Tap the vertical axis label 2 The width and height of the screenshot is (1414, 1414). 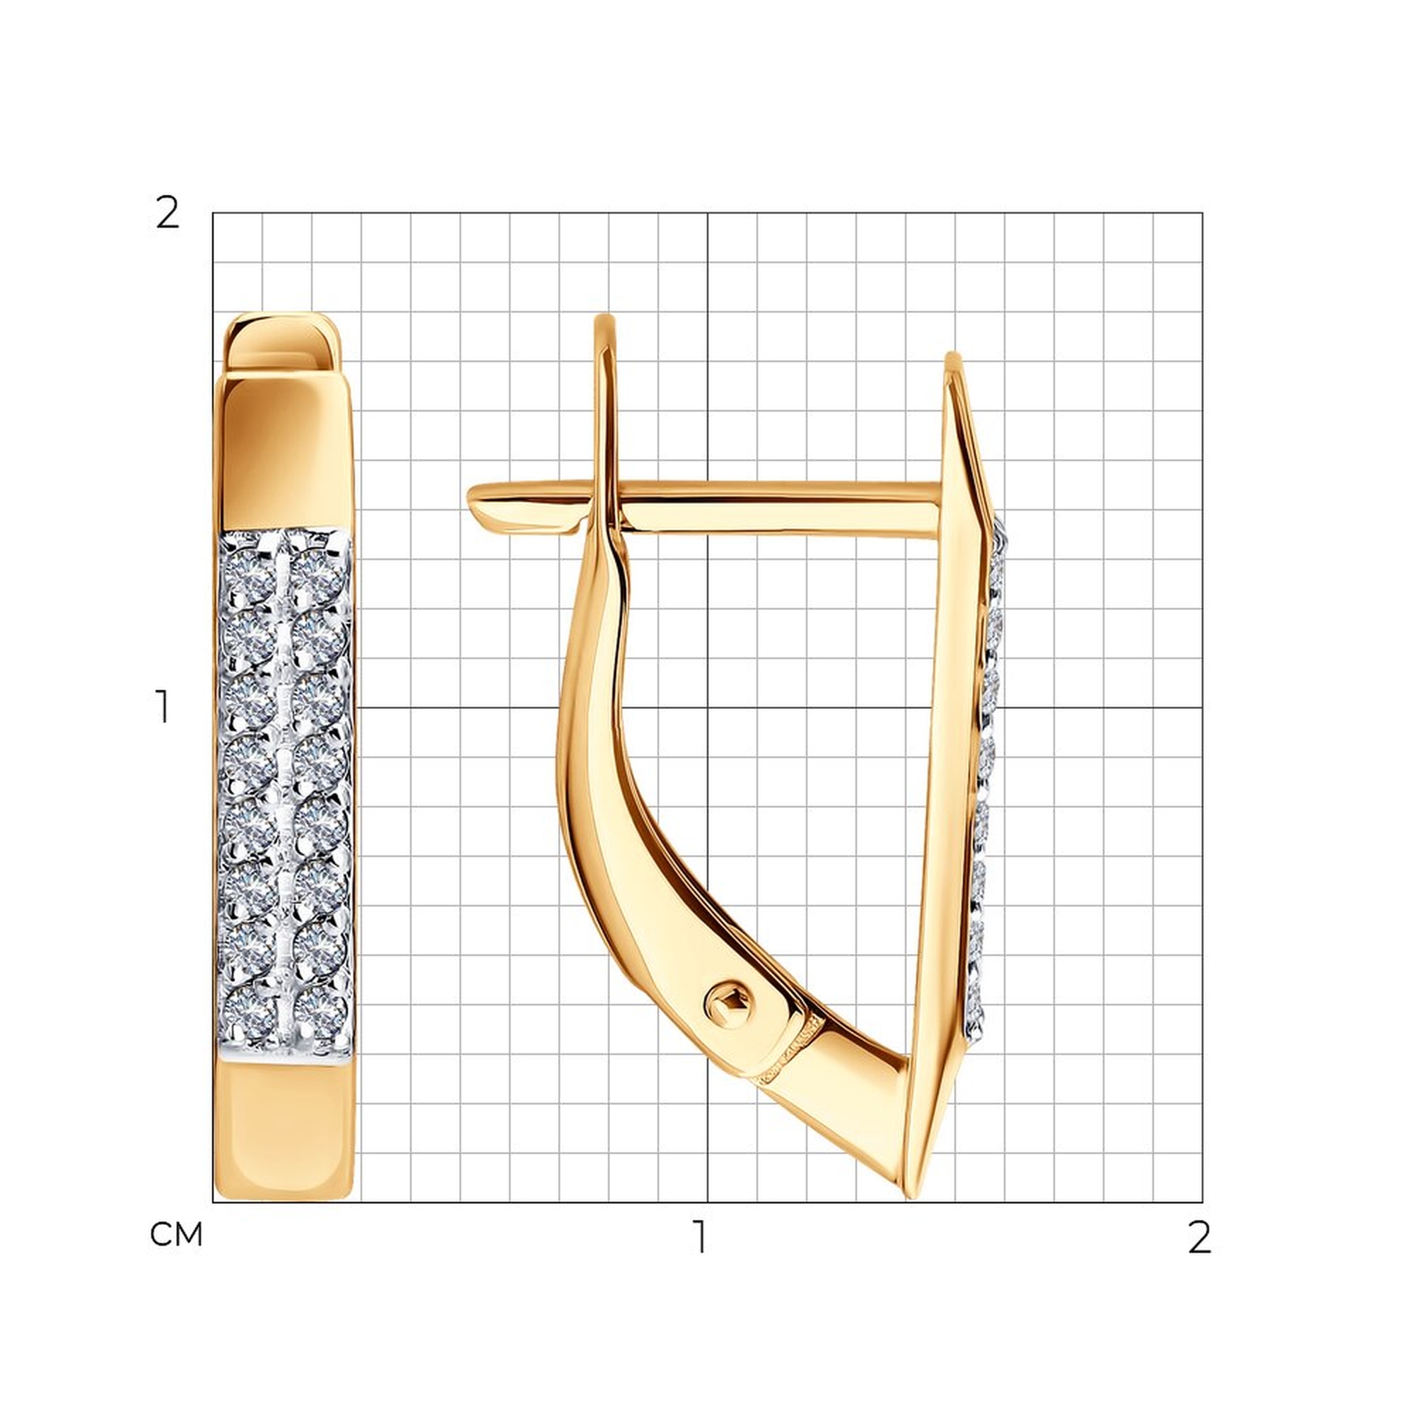tap(168, 214)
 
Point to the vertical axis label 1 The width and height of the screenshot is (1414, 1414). tap(163, 707)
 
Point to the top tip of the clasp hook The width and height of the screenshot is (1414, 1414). tap(604, 316)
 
